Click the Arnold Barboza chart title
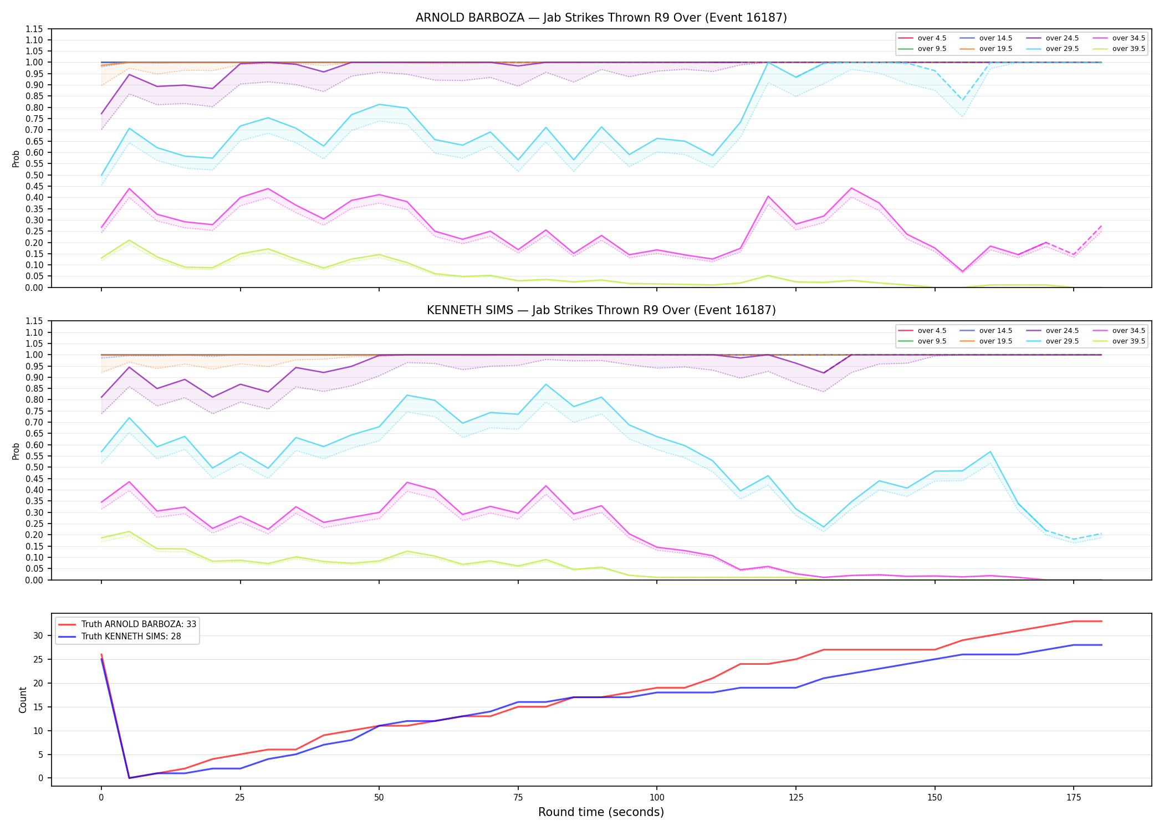pos(601,18)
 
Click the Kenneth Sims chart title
pos(601,310)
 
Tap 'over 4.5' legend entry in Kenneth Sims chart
pos(922,331)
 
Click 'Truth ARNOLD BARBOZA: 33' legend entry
pos(127,624)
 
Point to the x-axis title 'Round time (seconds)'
pos(601,812)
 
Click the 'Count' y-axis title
pos(23,700)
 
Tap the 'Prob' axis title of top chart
pos(16,158)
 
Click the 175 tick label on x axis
pos(1074,798)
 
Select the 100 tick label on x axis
pos(656,798)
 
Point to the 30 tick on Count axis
pos(38,635)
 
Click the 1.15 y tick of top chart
pos(34,29)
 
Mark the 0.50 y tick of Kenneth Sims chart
pos(34,467)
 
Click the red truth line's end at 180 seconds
pos(1101,621)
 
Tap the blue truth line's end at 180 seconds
pos(1101,645)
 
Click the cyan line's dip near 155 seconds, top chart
pos(963,100)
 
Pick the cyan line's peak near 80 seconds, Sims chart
pos(546,384)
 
